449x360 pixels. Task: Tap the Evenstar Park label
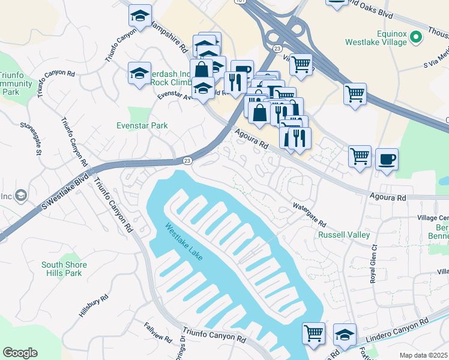pyautogui.click(x=142, y=125)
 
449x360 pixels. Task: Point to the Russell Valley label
pyautogui.click(x=344, y=235)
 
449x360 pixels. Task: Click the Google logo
pyautogui.click(x=20, y=353)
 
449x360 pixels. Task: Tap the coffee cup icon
pyautogui.click(x=387, y=159)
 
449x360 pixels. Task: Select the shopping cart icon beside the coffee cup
pyautogui.click(x=360, y=156)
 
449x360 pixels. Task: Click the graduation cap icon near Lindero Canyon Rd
pyautogui.click(x=345, y=334)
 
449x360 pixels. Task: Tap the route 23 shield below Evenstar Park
pyautogui.click(x=187, y=161)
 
